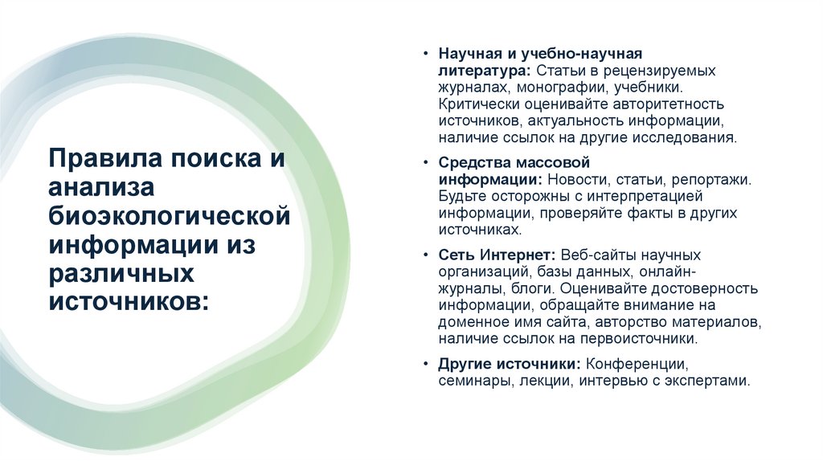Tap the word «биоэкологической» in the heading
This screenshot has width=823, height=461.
tap(168, 214)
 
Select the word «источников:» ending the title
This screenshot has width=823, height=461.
tap(128, 301)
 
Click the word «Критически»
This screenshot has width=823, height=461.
tap(478, 104)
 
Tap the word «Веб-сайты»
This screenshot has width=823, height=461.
tap(598, 255)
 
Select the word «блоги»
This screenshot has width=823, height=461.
tap(531, 288)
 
